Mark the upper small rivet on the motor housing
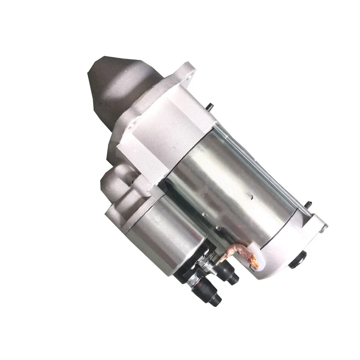(x=205, y=202)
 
